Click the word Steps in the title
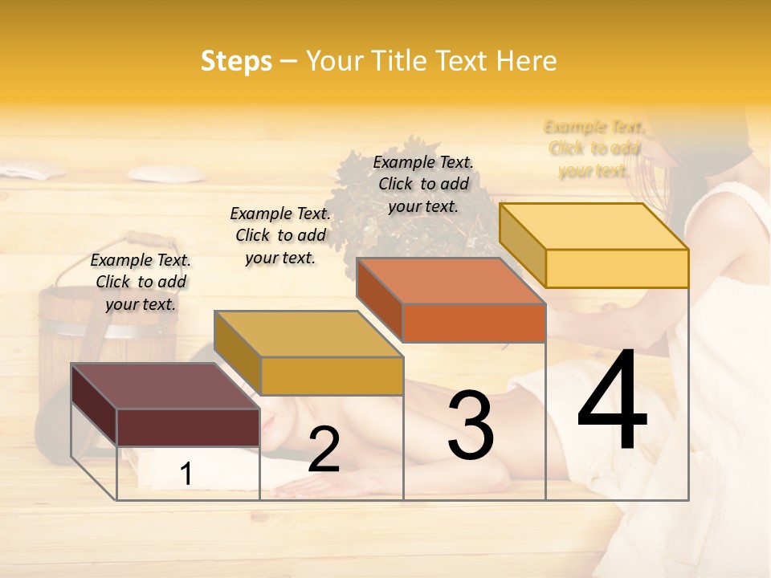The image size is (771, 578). click(x=236, y=61)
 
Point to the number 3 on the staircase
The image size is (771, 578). click(x=470, y=425)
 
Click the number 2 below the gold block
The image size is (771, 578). click(x=324, y=450)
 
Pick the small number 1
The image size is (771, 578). click(x=186, y=474)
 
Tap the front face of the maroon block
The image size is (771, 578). click(x=188, y=427)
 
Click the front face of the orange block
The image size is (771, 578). click(x=474, y=323)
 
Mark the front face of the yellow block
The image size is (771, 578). click(x=617, y=268)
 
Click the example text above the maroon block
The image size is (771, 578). click(x=141, y=282)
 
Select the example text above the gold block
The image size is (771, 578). click(x=280, y=235)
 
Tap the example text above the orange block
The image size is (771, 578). click(x=423, y=184)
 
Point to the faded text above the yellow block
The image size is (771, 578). click(x=594, y=149)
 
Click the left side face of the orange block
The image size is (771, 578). click(x=379, y=299)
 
